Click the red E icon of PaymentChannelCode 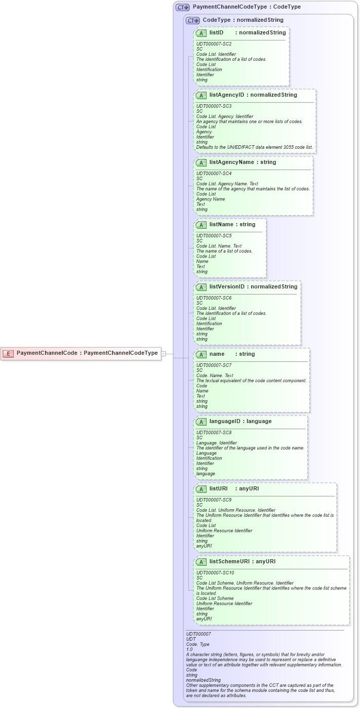8,353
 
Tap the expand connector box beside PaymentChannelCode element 164,354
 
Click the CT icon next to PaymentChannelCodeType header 182,7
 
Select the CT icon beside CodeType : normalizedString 192,20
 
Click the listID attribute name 216,33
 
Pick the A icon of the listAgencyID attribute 201,95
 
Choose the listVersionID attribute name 227,287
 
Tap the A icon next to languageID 201,422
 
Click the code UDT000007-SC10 215,573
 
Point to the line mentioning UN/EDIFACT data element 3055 254,147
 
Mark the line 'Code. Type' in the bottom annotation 197,644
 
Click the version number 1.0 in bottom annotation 189,649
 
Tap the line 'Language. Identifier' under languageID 216,443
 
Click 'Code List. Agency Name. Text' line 227,184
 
